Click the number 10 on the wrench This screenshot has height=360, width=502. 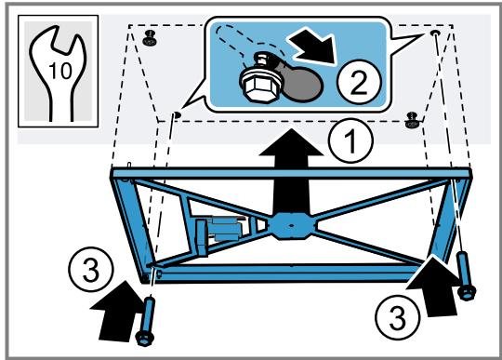click(60, 71)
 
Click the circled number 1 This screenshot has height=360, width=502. click(350, 140)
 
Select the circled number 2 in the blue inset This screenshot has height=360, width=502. click(360, 82)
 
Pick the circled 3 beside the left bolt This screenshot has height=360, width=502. click(91, 269)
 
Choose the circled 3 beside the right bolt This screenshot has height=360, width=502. click(397, 318)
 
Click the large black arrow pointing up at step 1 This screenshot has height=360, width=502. click(291, 173)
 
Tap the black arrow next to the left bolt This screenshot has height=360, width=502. click(117, 311)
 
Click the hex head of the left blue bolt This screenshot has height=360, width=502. click(144, 339)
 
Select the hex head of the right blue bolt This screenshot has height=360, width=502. click(467, 293)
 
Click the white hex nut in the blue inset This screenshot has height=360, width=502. click(260, 86)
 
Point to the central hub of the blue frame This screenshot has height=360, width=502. click(291, 226)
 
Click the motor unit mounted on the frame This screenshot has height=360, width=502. click(221, 233)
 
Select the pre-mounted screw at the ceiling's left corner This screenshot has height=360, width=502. click(149, 38)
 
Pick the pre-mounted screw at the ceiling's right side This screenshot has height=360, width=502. click(412, 120)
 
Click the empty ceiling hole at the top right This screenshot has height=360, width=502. click(435, 33)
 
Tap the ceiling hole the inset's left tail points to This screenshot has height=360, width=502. click(177, 114)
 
